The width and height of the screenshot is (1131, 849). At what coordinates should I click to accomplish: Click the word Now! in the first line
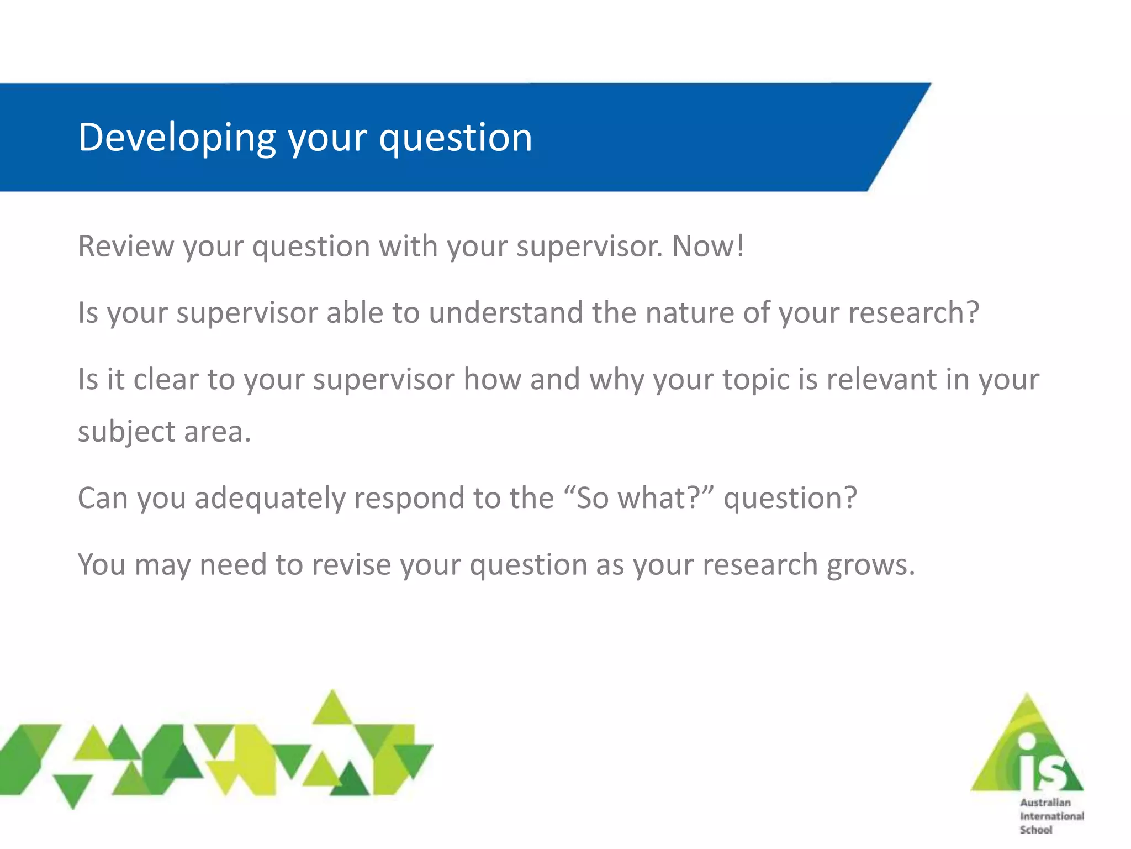(707, 246)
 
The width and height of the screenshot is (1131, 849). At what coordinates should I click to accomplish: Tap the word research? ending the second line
(913, 313)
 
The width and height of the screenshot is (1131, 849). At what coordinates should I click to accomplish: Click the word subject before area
(126, 432)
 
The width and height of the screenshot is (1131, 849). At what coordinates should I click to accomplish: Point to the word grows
(871, 565)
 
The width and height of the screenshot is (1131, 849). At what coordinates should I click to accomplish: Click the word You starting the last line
(102, 565)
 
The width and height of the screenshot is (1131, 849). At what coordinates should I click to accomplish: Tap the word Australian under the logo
(1045, 803)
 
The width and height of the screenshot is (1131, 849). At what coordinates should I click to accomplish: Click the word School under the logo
(1036, 830)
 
